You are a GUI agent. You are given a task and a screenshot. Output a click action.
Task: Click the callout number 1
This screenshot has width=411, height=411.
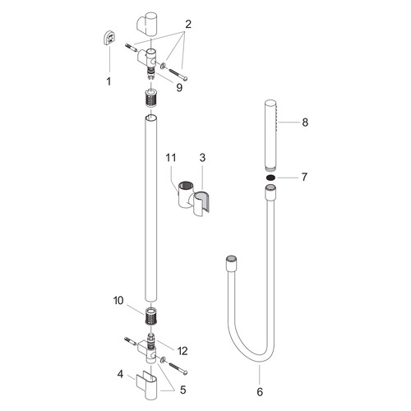pyautogui.click(x=109, y=81)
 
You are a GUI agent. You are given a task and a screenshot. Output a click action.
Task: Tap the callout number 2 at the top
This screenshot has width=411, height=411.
pyautogui.click(x=188, y=25)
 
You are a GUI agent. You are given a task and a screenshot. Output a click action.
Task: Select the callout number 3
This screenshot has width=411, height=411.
pyautogui.click(x=202, y=158)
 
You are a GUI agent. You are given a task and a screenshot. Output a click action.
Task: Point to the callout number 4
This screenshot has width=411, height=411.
pyautogui.click(x=120, y=374)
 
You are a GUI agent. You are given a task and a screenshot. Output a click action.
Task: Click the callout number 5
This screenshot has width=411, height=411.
pyautogui.click(x=183, y=390)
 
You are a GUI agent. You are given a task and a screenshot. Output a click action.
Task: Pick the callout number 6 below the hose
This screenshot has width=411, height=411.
pyautogui.click(x=260, y=392)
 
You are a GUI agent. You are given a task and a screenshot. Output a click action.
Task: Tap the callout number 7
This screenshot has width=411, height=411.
pyautogui.click(x=304, y=177)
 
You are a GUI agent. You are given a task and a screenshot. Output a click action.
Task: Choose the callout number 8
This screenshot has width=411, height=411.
pyautogui.click(x=305, y=122)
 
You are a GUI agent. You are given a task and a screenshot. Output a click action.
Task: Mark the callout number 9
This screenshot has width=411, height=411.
pyautogui.click(x=179, y=88)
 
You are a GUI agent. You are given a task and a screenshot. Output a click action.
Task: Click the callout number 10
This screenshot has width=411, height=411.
pyautogui.click(x=118, y=301)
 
